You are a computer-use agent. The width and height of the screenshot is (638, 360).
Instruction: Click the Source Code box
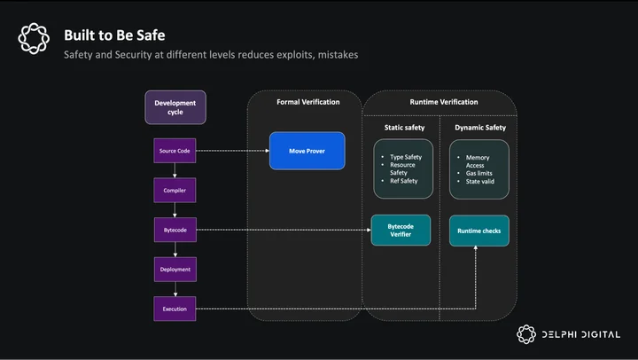[175, 151]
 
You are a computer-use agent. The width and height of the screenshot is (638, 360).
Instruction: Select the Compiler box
[175, 190]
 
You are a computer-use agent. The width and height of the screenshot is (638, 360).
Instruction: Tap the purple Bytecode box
[175, 230]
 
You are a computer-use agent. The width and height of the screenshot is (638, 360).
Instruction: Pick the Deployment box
[175, 270]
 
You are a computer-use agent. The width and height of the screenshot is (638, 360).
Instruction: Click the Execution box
[175, 309]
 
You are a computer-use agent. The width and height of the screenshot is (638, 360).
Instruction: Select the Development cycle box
[175, 107]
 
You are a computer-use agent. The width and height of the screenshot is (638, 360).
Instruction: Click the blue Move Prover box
[307, 151]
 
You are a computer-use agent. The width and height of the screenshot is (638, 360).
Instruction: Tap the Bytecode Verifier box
[401, 230]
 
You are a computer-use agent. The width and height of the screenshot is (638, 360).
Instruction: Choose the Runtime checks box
[479, 231]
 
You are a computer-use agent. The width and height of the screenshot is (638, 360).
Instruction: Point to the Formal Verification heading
[308, 102]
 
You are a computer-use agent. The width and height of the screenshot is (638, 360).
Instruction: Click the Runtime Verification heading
[444, 102]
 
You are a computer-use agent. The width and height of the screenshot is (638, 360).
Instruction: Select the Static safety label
[404, 128]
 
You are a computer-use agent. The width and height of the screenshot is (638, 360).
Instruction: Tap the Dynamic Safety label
[480, 128]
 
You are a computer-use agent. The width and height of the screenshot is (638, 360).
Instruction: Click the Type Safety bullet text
[406, 157]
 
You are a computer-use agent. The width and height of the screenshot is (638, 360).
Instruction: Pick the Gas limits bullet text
[478, 173]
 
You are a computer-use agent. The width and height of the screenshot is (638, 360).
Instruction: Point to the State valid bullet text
[480, 181]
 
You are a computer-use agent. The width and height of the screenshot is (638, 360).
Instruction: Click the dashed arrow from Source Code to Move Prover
[233, 151]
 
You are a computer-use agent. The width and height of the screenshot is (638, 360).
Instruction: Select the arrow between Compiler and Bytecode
[175, 210]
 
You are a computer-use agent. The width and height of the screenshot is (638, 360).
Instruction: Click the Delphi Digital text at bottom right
[581, 334]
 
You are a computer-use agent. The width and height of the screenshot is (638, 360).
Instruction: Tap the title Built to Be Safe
[114, 35]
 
